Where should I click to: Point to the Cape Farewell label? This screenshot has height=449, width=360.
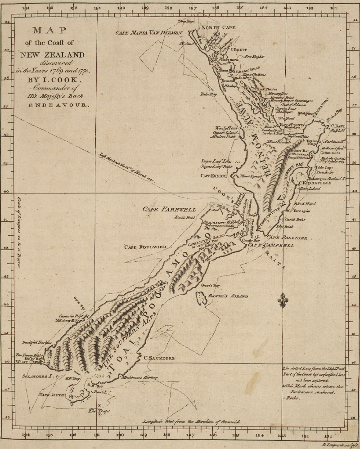(x=169, y=209)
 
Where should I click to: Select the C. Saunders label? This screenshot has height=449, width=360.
(x=159, y=358)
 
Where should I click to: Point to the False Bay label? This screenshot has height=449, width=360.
(x=208, y=94)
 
